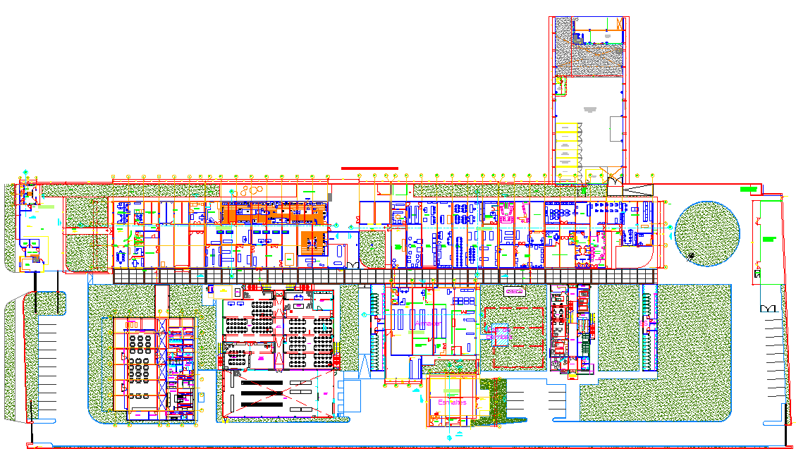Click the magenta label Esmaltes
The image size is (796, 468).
[x=452, y=402]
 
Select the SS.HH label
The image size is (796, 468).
[x=644, y=324]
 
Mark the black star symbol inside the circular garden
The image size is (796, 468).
[x=693, y=256]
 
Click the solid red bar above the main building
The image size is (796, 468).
[x=369, y=168]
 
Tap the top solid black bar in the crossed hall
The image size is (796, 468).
[x=262, y=382]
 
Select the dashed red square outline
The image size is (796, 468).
[x=520, y=337]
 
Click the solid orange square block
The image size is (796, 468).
[x=311, y=242]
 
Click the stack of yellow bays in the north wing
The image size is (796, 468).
[x=566, y=146]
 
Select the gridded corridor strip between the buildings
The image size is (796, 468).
[x=385, y=276]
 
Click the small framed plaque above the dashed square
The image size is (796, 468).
[x=514, y=291]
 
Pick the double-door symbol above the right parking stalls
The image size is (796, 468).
[x=768, y=309]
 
